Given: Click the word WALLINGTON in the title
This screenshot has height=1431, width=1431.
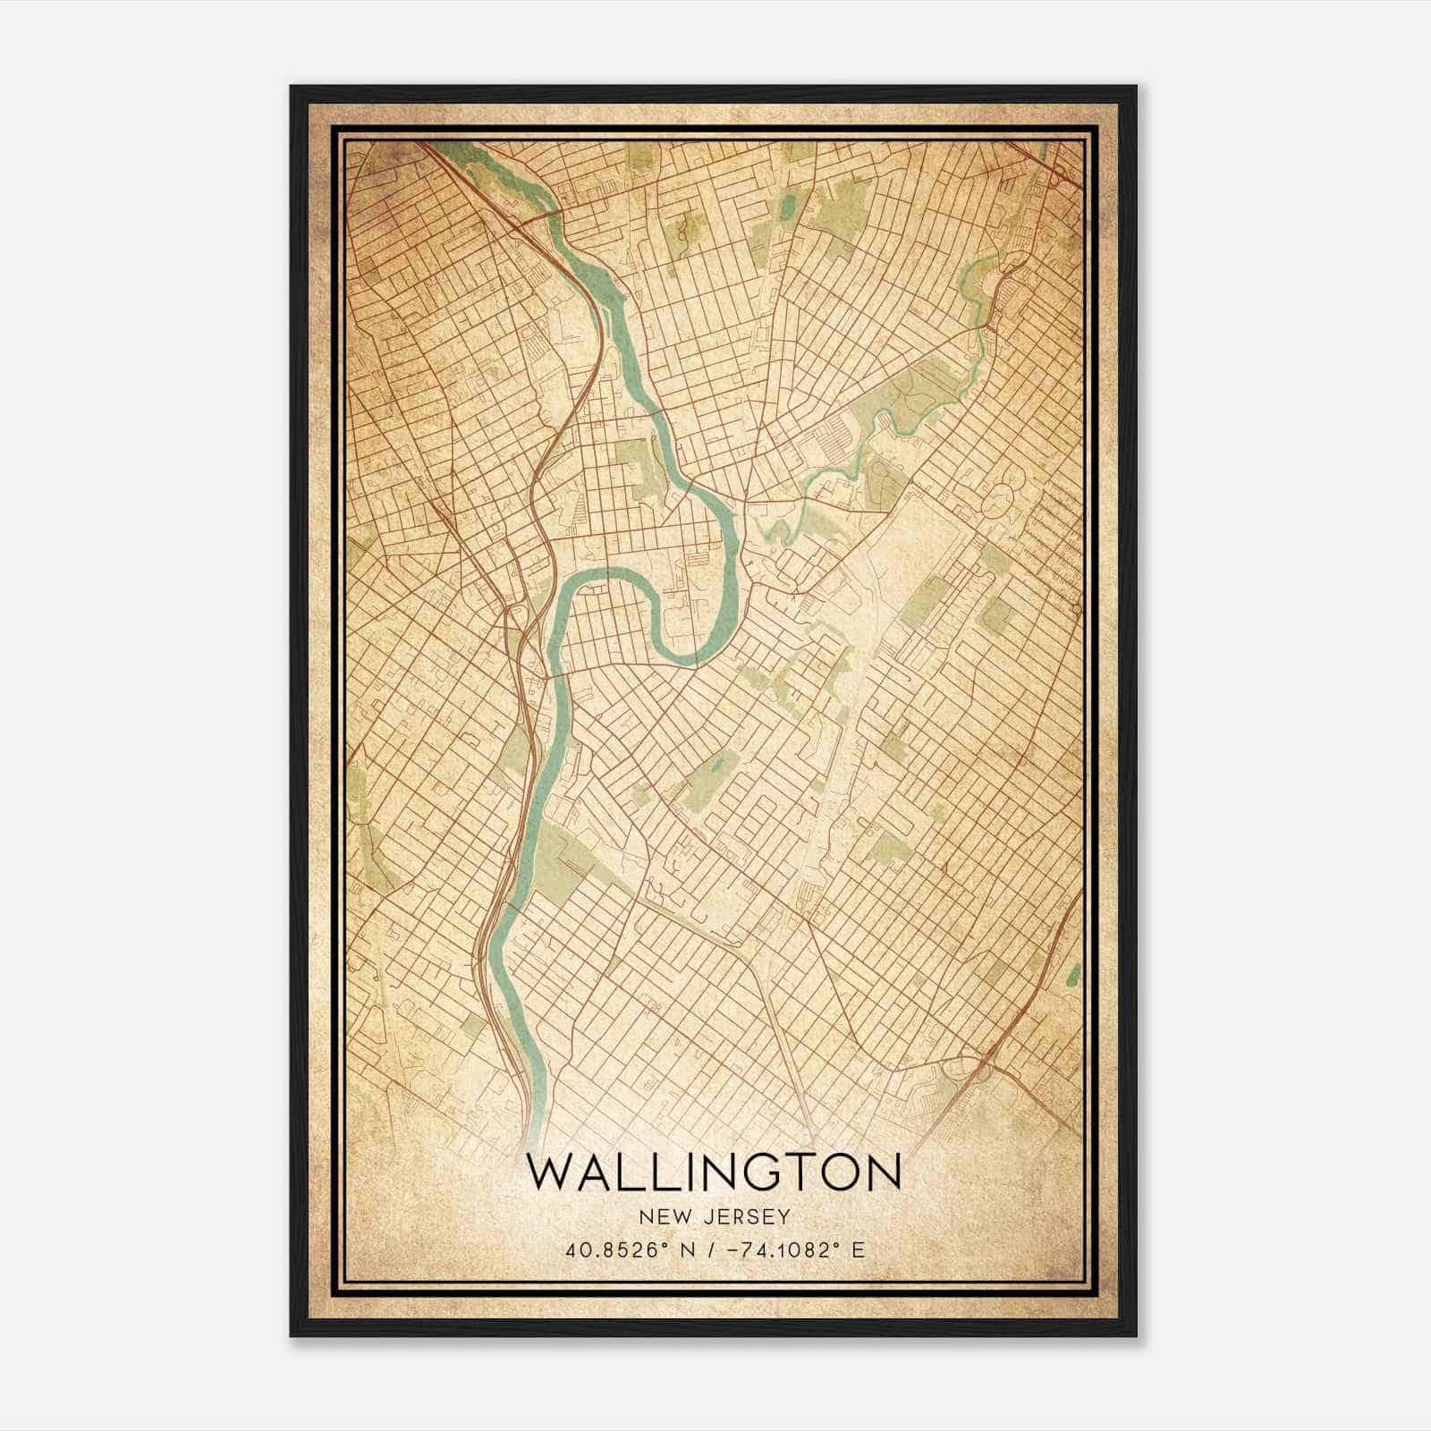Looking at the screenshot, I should pyautogui.click(x=714, y=1173).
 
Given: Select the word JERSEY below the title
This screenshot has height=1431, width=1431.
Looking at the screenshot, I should pyautogui.click(x=744, y=1216).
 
